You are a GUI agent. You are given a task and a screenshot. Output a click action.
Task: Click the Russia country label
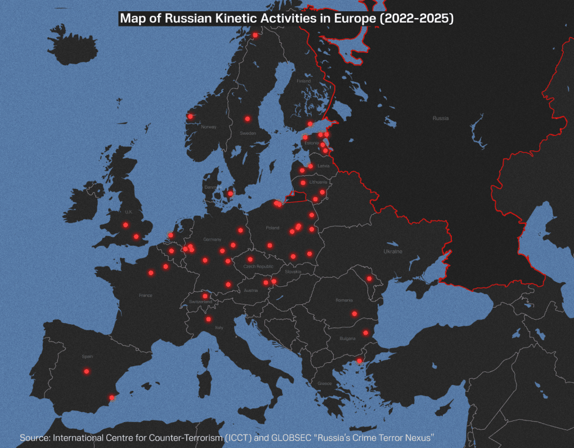(x=441, y=118)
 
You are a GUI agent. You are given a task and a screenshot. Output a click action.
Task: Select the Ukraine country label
(x=393, y=251)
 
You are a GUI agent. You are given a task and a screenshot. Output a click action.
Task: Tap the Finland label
(x=303, y=81)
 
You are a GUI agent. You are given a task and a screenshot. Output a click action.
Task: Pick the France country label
(x=146, y=295)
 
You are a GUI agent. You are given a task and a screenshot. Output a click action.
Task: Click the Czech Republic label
(x=258, y=266)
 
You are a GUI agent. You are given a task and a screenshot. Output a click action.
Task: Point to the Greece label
(x=325, y=384)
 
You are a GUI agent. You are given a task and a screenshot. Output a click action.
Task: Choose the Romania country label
(x=344, y=300)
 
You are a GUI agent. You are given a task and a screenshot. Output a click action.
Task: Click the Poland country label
(x=272, y=228)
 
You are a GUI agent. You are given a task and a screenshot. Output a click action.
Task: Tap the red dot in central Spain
(x=87, y=371)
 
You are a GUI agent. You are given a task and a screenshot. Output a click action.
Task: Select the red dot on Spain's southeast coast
(x=111, y=398)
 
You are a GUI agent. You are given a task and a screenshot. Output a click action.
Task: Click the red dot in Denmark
(x=230, y=194)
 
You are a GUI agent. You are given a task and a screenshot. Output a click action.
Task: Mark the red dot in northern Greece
(x=360, y=361)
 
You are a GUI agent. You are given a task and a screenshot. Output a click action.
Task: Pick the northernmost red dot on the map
(x=255, y=35)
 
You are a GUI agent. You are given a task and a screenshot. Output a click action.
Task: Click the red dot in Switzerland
(x=205, y=296)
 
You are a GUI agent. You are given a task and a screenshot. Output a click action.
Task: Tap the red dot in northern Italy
(x=209, y=320)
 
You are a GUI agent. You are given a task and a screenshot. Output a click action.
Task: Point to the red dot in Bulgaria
(x=366, y=333)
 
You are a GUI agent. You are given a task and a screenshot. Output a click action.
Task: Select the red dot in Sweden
(x=247, y=119)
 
